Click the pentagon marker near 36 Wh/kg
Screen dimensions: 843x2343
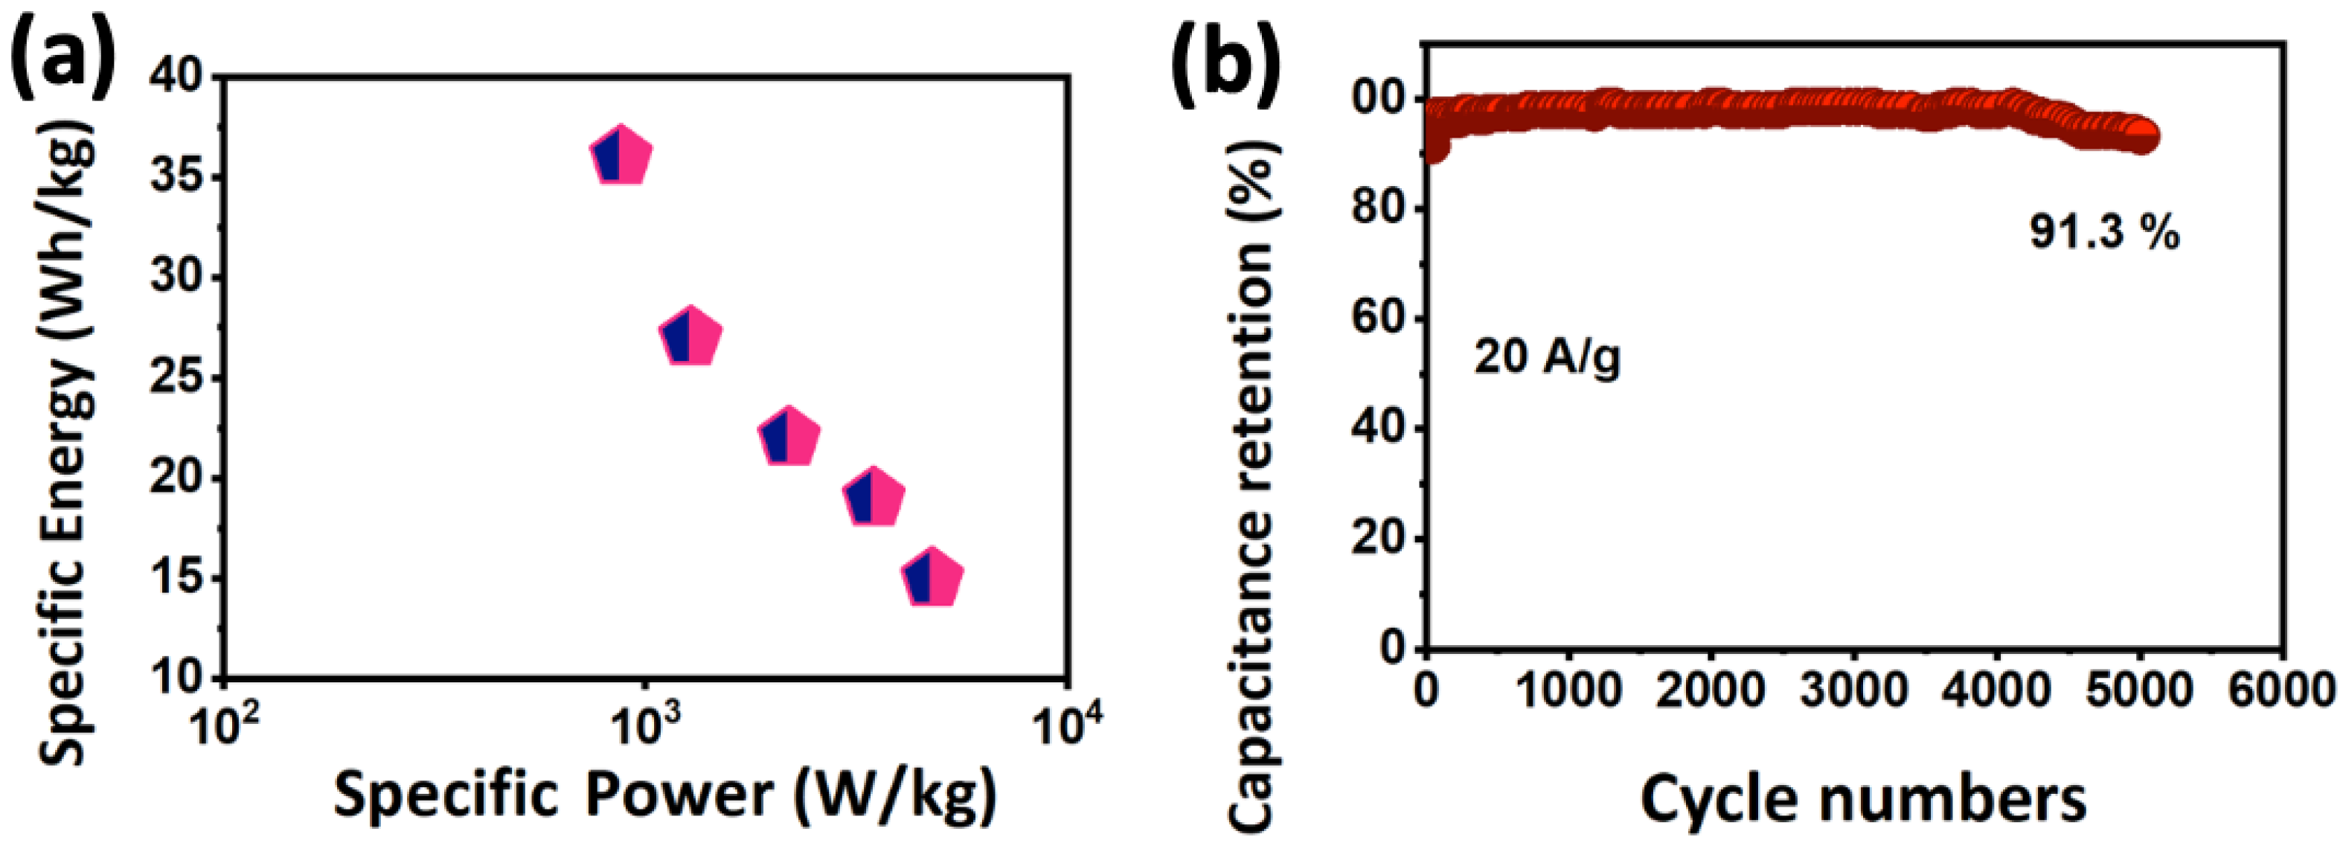[621, 157]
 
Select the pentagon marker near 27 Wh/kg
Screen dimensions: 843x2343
[690, 337]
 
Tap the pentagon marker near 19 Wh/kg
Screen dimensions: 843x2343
[874, 499]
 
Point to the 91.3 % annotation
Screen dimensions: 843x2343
[2103, 233]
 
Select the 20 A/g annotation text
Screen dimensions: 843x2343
[1547, 356]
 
